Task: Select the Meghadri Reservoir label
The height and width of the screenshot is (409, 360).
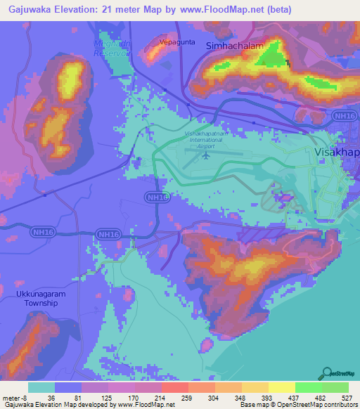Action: coord(112,47)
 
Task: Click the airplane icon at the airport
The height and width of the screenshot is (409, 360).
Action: coord(206,155)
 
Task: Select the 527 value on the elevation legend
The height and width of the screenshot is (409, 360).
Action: coord(346,398)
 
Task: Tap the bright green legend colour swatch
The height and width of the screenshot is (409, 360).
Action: coord(308,387)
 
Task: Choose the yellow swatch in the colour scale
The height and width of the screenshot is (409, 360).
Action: coord(282,387)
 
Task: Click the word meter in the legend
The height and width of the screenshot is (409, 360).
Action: coord(12,398)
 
